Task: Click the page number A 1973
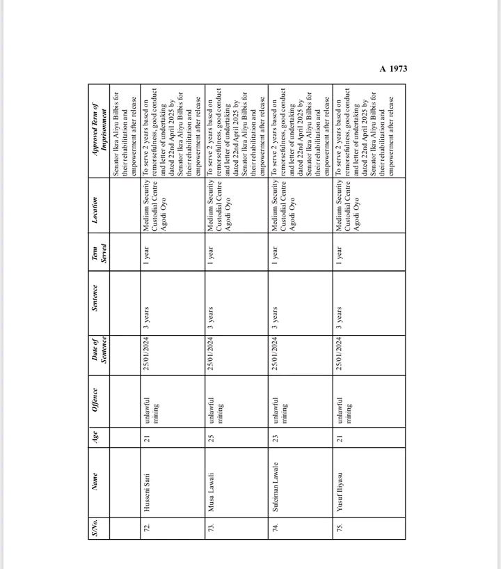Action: click(393, 68)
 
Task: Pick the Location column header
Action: click(100, 207)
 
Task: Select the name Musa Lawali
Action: click(211, 481)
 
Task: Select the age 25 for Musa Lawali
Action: click(211, 437)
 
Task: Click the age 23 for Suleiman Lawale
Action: click(276, 437)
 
